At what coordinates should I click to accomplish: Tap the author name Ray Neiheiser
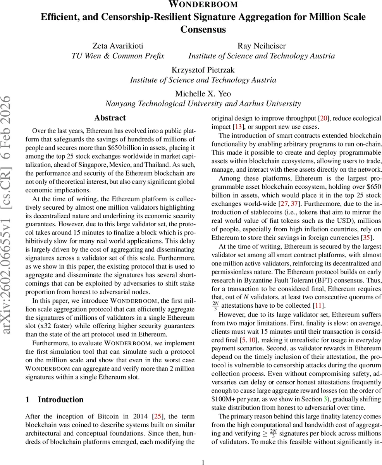tap(262, 46)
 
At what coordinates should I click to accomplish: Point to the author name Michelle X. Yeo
tap(203, 94)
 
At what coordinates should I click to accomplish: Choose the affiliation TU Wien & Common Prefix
tap(118, 56)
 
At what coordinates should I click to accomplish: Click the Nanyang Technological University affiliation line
tap(203, 104)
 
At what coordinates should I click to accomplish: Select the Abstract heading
tap(110, 118)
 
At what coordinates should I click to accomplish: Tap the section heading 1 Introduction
tap(54, 400)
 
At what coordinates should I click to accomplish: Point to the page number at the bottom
tap(203, 462)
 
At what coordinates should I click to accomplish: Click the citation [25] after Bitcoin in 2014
tap(158, 417)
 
